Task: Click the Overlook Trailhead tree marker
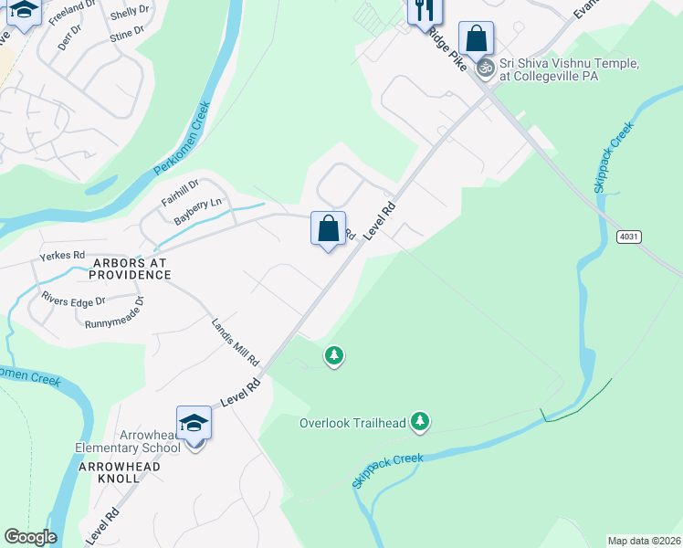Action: [419, 421]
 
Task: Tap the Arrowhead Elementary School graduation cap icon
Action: [194, 423]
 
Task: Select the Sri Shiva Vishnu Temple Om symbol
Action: [486, 67]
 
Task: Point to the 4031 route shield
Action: [627, 237]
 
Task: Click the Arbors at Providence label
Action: [130, 269]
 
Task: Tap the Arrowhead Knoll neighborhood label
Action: [120, 473]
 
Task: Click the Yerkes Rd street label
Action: [62, 256]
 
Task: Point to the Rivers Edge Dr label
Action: [73, 299]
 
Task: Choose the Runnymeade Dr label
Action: [114, 313]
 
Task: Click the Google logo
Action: [30, 537]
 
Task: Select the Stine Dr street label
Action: [126, 34]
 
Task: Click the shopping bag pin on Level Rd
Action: [328, 228]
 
